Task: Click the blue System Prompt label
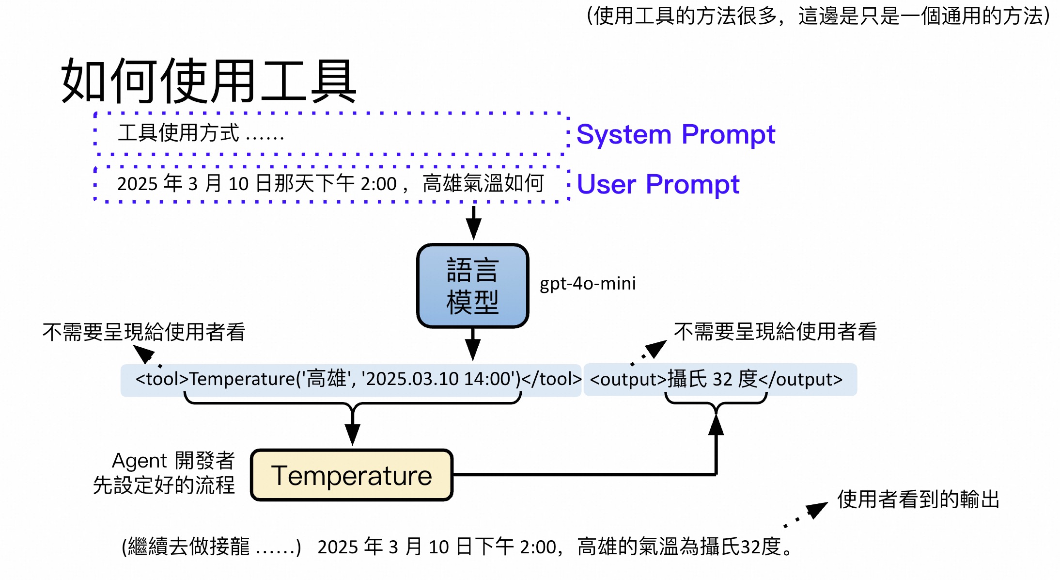click(x=675, y=134)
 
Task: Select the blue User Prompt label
click(x=658, y=184)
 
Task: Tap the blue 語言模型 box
click(x=472, y=286)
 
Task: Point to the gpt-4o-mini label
click(x=588, y=283)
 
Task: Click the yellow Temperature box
click(x=352, y=475)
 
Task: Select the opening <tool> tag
click(x=162, y=379)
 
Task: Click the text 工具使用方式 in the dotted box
click(x=179, y=133)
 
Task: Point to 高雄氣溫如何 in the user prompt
click(x=483, y=184)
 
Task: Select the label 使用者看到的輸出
click(x=919, y=499)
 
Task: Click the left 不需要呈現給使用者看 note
click(x=144, y=332)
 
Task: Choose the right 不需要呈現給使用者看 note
click(x=775, y=332)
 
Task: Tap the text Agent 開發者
click(x=173, y=460)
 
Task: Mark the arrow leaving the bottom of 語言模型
click(x=473, y=344)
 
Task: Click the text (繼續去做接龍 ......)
click(x=212, y=547)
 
